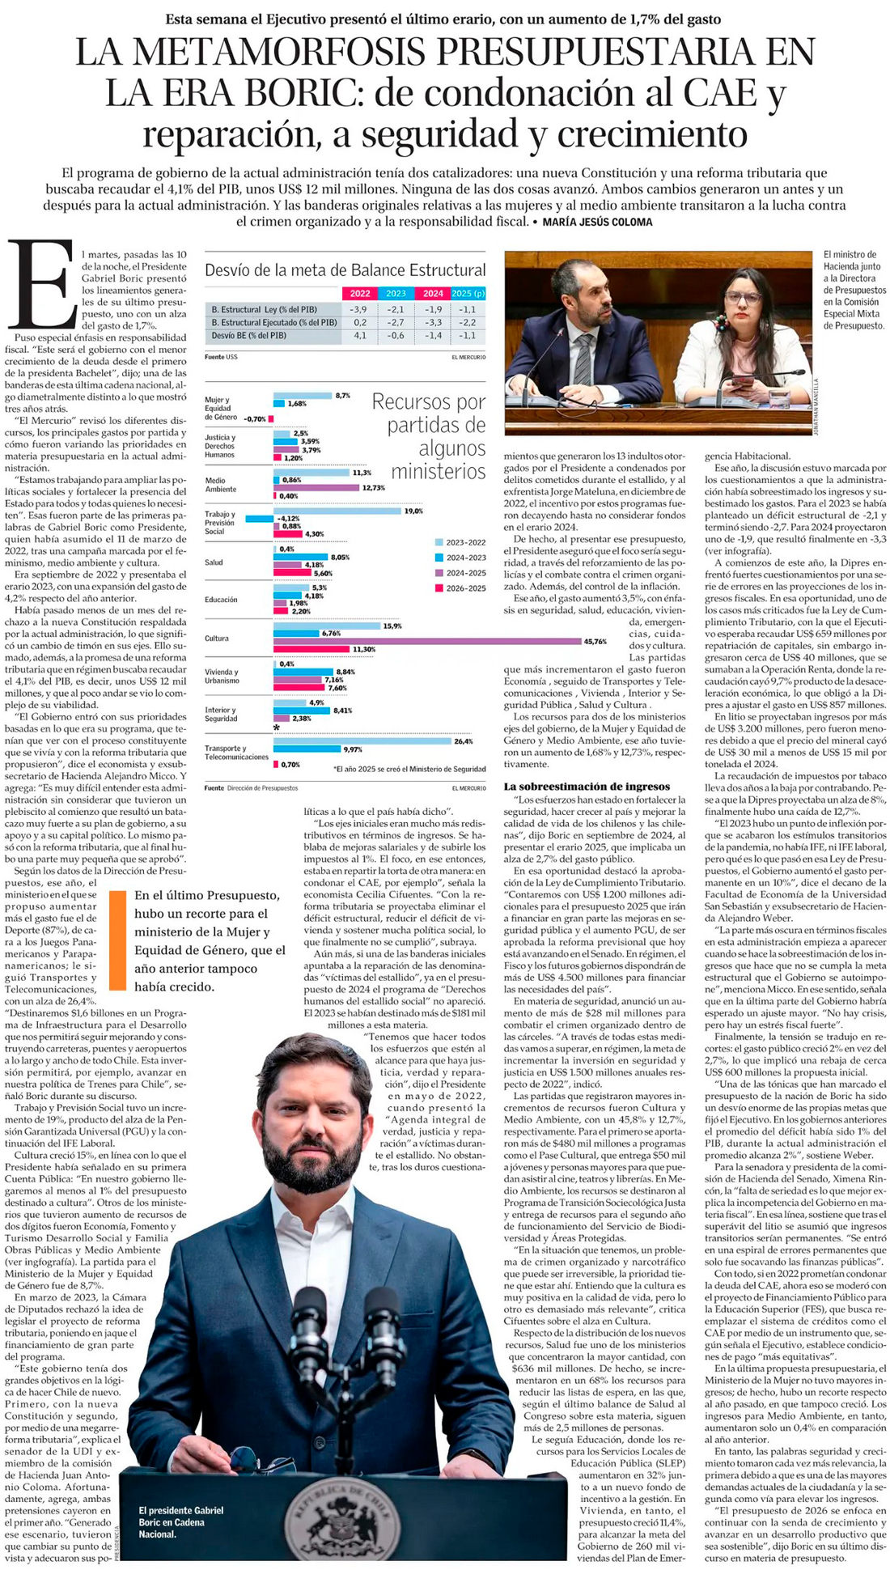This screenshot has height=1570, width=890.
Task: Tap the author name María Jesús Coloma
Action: point(596,222)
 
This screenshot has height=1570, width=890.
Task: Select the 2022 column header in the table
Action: point(360,294)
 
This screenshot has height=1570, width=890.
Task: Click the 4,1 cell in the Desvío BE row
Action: point(360,335)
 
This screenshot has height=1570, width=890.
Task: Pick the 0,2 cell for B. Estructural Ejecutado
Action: point(360,322)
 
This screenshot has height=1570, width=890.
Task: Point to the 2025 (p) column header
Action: point(468,294)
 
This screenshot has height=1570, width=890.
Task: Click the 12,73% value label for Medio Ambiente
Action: point(374,488)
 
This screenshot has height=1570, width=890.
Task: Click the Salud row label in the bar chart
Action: point(214,562)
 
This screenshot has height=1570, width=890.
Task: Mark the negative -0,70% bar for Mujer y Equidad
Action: point(271,419)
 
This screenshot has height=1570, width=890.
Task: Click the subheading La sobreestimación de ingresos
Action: point(587,786)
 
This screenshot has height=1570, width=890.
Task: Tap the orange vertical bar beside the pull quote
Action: point(117,940)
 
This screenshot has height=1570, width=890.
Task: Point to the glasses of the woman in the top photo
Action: point(742,298)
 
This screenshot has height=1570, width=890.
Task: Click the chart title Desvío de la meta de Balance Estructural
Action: point(345,270)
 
